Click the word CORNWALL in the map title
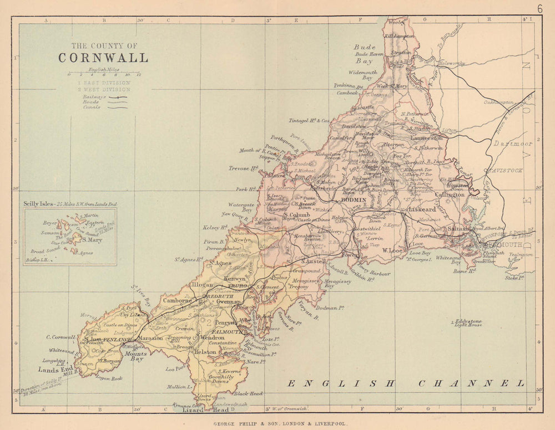tap(103, 58)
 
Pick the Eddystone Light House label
tap(468, 324)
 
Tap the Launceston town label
tap(426, 137)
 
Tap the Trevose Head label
tap(243, 168)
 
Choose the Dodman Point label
tap(330, 307)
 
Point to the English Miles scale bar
tap(104, 74)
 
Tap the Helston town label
tap(205, 352)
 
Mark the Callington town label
tap(450, 194)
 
